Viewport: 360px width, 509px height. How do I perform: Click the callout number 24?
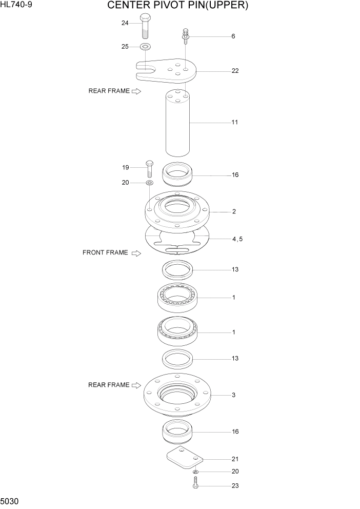coord(125,23)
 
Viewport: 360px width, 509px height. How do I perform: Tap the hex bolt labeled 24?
coord(145,26)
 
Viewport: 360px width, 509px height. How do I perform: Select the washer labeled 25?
coord(145,47)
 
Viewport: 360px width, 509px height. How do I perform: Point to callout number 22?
coord(235,71)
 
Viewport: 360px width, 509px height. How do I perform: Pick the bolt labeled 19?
coord(149,168)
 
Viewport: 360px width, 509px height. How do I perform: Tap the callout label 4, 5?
coord(237,239)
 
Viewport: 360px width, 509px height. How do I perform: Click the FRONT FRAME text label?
coord(105,252)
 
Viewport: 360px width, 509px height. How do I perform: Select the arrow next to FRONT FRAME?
coord(136,253)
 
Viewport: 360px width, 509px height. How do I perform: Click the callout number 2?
coord(234,211)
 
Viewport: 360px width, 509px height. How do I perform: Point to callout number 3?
coord(233,395)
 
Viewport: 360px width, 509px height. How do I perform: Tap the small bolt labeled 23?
coord(195,483)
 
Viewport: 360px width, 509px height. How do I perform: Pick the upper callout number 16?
coord(235,175)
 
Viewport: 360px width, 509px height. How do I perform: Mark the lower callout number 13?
coord(235,358)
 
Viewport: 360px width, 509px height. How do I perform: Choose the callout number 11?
coord(235,122)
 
